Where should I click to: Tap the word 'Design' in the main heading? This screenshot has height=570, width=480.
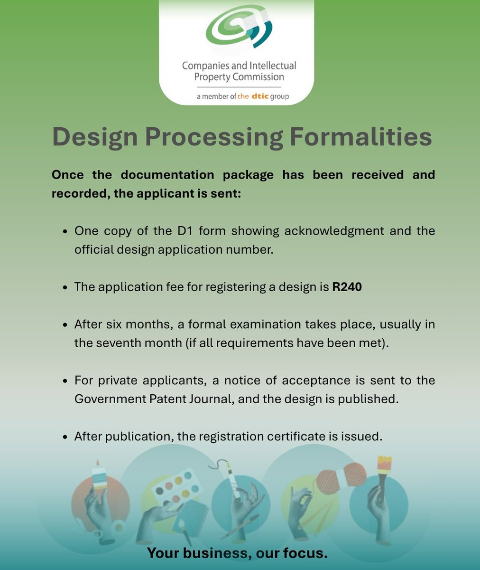tap(94, 137)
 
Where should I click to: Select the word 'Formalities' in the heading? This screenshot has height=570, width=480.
tap(360, 137)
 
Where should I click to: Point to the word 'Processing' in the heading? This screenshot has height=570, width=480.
tap(213, 137)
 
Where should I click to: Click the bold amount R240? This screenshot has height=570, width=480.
tap(347, 287)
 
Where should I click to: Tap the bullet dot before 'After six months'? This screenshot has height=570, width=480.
tap(65, 325)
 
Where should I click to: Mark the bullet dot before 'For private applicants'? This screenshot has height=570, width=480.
tap(65, 381)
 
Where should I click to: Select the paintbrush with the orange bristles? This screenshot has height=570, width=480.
tap(383, 470)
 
